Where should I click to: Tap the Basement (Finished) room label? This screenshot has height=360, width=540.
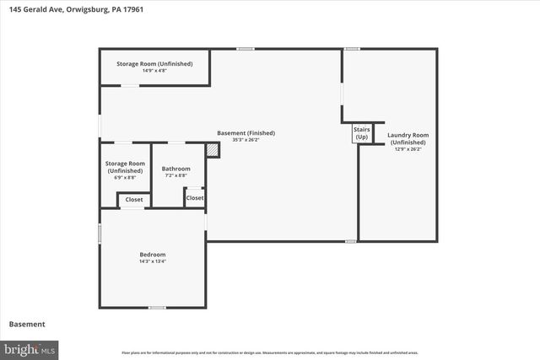[246, 133]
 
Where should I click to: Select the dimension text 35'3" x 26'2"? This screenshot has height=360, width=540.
[246, 140]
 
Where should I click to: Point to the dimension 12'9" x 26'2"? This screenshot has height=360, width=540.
[408, 149]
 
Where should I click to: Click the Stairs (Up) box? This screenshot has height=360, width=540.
[361, 133]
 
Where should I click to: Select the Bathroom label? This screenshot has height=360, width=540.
[175, 169]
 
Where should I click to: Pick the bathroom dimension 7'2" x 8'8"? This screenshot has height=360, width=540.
[175, 176]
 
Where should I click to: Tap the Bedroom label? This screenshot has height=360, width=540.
[152, 255]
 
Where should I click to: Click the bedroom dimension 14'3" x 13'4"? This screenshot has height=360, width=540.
[152, 261]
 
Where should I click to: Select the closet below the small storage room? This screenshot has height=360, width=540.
[134, 200]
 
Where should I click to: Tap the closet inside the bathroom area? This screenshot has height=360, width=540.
[194, 197]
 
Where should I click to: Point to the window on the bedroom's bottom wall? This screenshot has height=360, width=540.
[156, 308]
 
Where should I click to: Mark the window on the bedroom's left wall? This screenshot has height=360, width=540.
[100, 232]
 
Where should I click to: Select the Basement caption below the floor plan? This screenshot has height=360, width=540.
[26, 325]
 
